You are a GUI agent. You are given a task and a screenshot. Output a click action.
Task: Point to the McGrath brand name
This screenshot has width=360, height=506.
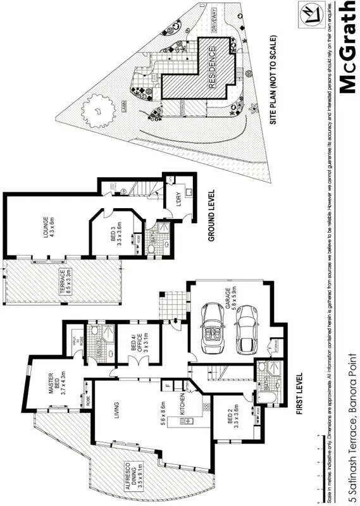tap(347, 47)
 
